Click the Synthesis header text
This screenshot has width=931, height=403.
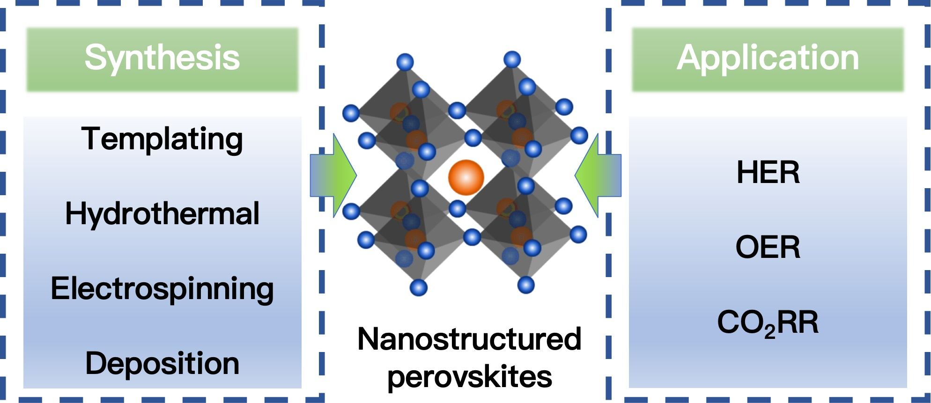162,58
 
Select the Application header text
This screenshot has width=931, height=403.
768,58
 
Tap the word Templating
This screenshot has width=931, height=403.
162,139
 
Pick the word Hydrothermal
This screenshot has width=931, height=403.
162,214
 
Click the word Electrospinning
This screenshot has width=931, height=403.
162,289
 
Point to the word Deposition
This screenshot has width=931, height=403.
162,364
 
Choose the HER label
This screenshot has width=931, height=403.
768,172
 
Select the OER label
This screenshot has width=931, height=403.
768,247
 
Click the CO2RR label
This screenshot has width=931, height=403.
768,322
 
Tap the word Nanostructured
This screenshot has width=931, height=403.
469,339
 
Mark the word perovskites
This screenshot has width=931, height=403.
469,376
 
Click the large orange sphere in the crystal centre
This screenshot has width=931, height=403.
466,177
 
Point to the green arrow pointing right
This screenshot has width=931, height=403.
333,176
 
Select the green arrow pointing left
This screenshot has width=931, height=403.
598,176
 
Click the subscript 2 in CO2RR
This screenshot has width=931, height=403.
769,330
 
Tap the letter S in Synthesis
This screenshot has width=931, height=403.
94,58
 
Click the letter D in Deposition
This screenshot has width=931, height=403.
96,364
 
